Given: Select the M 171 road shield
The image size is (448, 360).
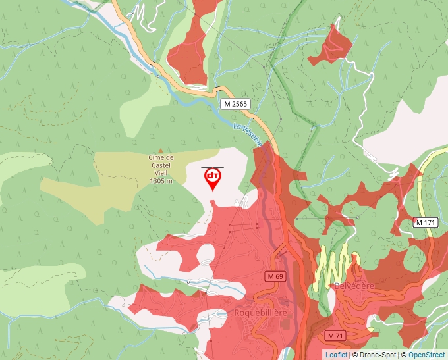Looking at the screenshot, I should point(426,222).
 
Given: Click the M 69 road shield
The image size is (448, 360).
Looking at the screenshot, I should point(275,277).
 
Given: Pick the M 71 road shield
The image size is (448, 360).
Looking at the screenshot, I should point(335,336).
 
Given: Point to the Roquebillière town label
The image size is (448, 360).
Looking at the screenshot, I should point(261,313).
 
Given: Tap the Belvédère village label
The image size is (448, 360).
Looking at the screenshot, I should point(354,286).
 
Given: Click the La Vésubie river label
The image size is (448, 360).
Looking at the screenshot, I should point(248,134).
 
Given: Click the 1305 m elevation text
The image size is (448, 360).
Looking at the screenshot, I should point(160,180).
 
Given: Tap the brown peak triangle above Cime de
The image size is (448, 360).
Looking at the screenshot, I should point(160,151).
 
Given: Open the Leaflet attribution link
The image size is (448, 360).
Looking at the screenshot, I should point(336,355).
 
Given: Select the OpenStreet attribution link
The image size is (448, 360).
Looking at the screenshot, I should point(426,355).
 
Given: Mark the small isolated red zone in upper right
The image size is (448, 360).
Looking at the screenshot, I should point(331,46).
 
